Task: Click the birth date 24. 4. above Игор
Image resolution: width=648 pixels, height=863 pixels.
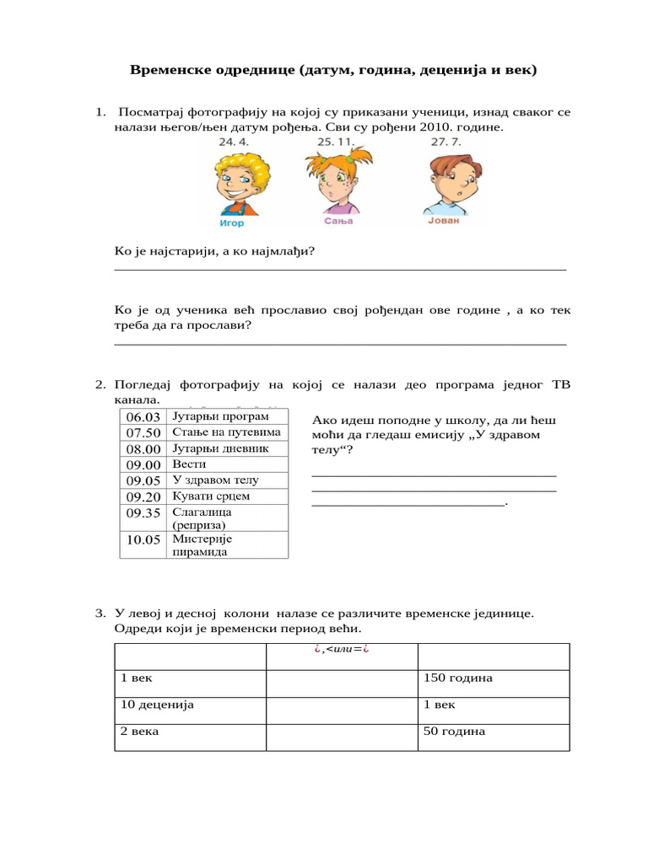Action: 235,142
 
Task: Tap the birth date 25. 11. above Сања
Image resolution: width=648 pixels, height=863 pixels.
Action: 336,142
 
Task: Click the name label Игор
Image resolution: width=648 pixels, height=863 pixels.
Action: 231,223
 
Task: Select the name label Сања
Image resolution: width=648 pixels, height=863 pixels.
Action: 337,222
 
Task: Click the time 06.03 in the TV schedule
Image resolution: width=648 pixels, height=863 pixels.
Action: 143,417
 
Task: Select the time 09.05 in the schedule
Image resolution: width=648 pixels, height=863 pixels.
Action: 143,480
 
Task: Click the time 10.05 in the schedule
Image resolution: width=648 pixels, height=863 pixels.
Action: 143,540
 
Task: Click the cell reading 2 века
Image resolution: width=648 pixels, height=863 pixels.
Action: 139,732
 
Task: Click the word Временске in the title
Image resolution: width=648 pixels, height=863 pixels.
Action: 173,70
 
